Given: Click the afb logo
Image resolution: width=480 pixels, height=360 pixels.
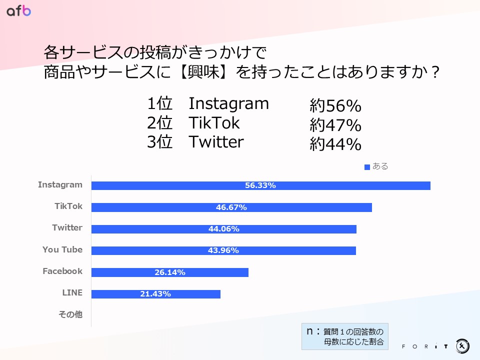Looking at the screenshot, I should point(19,10).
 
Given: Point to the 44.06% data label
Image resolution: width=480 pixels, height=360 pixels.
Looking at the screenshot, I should point(223,229).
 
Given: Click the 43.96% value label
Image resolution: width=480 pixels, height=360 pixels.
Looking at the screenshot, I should point(223,250).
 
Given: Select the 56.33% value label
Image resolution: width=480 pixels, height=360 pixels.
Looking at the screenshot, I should point(260,185).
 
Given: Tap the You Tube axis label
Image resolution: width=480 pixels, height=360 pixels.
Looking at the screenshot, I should point(62,250).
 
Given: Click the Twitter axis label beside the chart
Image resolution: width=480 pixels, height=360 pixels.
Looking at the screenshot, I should point(67,228).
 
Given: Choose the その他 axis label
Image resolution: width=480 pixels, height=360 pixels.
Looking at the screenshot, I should point(70,315).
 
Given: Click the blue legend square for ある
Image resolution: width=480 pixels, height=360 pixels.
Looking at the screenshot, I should point(367,167).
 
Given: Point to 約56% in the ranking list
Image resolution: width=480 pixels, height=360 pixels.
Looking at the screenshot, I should point(335,106).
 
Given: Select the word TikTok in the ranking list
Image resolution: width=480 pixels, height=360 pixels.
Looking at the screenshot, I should point(214,123).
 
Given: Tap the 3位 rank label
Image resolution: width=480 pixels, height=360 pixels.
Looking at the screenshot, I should point(159,142).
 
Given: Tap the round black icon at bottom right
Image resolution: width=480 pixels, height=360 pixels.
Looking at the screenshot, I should point(462,345).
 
